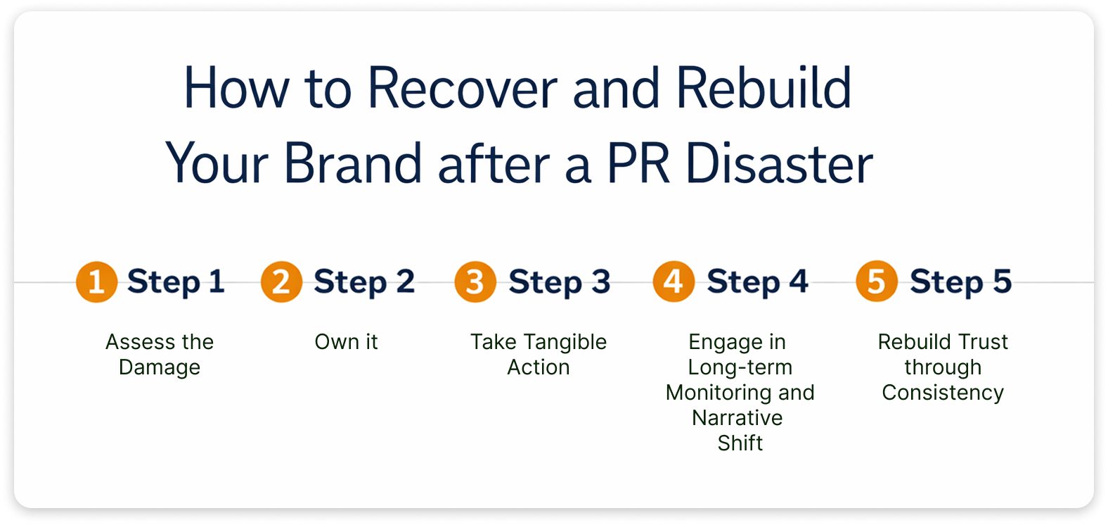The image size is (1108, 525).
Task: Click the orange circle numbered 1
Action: (96, 282)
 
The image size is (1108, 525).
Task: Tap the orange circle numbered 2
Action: (281, 282)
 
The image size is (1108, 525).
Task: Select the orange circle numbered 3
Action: (475, 282)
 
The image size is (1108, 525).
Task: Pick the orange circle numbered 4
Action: (674, 282)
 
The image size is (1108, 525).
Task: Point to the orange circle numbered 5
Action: (876, 282)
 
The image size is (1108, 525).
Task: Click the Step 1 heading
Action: (176, 282)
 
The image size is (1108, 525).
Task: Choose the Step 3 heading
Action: (559, 282)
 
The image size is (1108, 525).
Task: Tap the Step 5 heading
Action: (960, 282)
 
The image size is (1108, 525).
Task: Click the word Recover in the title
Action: (462, 89)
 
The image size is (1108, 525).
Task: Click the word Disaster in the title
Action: (778, 164)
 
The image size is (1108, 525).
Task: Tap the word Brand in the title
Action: (352, 164)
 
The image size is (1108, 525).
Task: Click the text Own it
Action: (346, 342)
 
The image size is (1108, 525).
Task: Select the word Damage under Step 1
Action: (160, 367)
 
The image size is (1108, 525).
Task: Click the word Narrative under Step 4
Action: (737, 418)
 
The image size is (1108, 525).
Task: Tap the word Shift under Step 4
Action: (740, 443)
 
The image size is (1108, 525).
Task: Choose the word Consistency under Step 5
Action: (943, 393)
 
